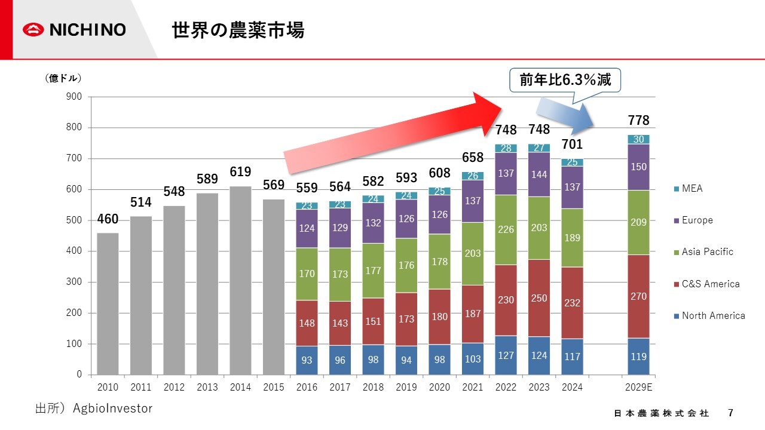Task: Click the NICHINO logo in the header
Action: tap(75, 30)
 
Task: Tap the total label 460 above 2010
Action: tap(108, 219)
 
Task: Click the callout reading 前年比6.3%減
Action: tap(565, 80)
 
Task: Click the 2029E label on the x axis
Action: tap(638, 387)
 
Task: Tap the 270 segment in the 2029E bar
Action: tap(638, 296)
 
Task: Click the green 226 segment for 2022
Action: tap(506, 229)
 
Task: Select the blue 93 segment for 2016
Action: tap(307, 361)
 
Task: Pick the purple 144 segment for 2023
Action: tap(539, 174)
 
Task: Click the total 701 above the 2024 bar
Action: tap(572, 145)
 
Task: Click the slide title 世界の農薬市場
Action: tap(238, 30)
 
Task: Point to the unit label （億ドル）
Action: tap(63, 78)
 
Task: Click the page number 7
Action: tap(730, 413)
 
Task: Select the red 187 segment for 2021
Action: tap(473, 314)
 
